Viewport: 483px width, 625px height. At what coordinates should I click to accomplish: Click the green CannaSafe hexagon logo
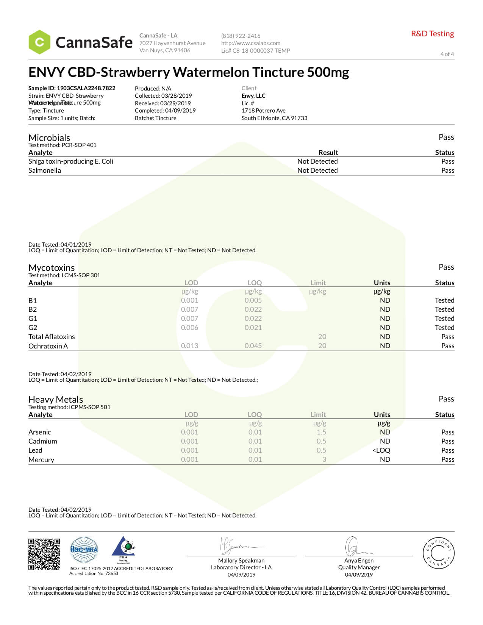[x=39, y=42]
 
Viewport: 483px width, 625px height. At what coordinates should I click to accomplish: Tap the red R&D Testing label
[x=432, y=34]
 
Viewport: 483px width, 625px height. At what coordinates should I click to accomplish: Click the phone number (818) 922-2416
[x=241, y=36]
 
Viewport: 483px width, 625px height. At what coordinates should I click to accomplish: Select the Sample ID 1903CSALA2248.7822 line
[x=72, y=88]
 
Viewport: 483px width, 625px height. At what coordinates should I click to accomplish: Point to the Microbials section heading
[x=49, y=137]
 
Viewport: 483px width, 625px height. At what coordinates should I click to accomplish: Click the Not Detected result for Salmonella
[x=317, y=170]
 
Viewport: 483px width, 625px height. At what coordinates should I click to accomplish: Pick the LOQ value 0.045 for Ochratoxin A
[x=253, y=346]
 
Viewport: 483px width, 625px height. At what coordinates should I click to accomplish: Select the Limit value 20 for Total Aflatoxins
[x=322, y=337]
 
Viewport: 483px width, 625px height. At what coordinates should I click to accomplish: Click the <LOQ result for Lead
[x=381, y=450]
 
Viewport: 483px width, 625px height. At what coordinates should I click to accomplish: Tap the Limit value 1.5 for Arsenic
[x=321, y=432]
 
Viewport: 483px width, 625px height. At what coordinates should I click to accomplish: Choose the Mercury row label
[x=41, y=460]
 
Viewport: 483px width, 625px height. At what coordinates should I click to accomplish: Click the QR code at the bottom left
[x=44, y=554]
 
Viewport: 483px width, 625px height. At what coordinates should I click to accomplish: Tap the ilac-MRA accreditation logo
[x=84, y=550]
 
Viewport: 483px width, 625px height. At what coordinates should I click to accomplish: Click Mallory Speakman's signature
[x=239, y=546]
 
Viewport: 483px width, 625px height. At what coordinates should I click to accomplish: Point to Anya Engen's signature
[x=356, y=547]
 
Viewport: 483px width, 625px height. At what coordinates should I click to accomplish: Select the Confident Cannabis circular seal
[x=438, y=553]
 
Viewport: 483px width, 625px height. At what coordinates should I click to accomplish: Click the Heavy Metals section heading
[x=56, y=400]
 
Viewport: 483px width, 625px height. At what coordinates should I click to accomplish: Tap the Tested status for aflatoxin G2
[x=444, y=328]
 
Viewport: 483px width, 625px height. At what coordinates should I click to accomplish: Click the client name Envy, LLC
[x=253, y=96]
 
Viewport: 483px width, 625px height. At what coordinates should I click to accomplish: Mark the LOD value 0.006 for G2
[x=189, y=328]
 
